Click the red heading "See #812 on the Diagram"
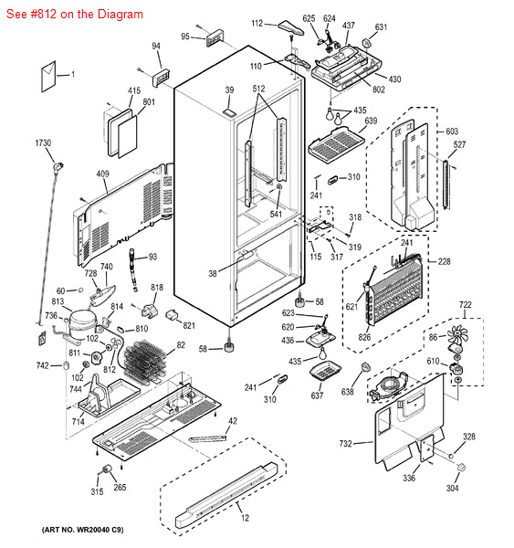pos(73,15)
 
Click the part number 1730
pos(43,143)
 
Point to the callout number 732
pos(345,444)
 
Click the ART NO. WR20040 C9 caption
pos(83,530)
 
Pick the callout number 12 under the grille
pos(244,519)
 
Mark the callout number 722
pos(465,304)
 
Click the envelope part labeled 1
pos(52,73)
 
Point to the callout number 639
pos(371,121)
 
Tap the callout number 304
pos(452,488)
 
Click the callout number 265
pos(120,488)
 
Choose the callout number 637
pos(317,395)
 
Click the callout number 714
pos(78,422)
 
